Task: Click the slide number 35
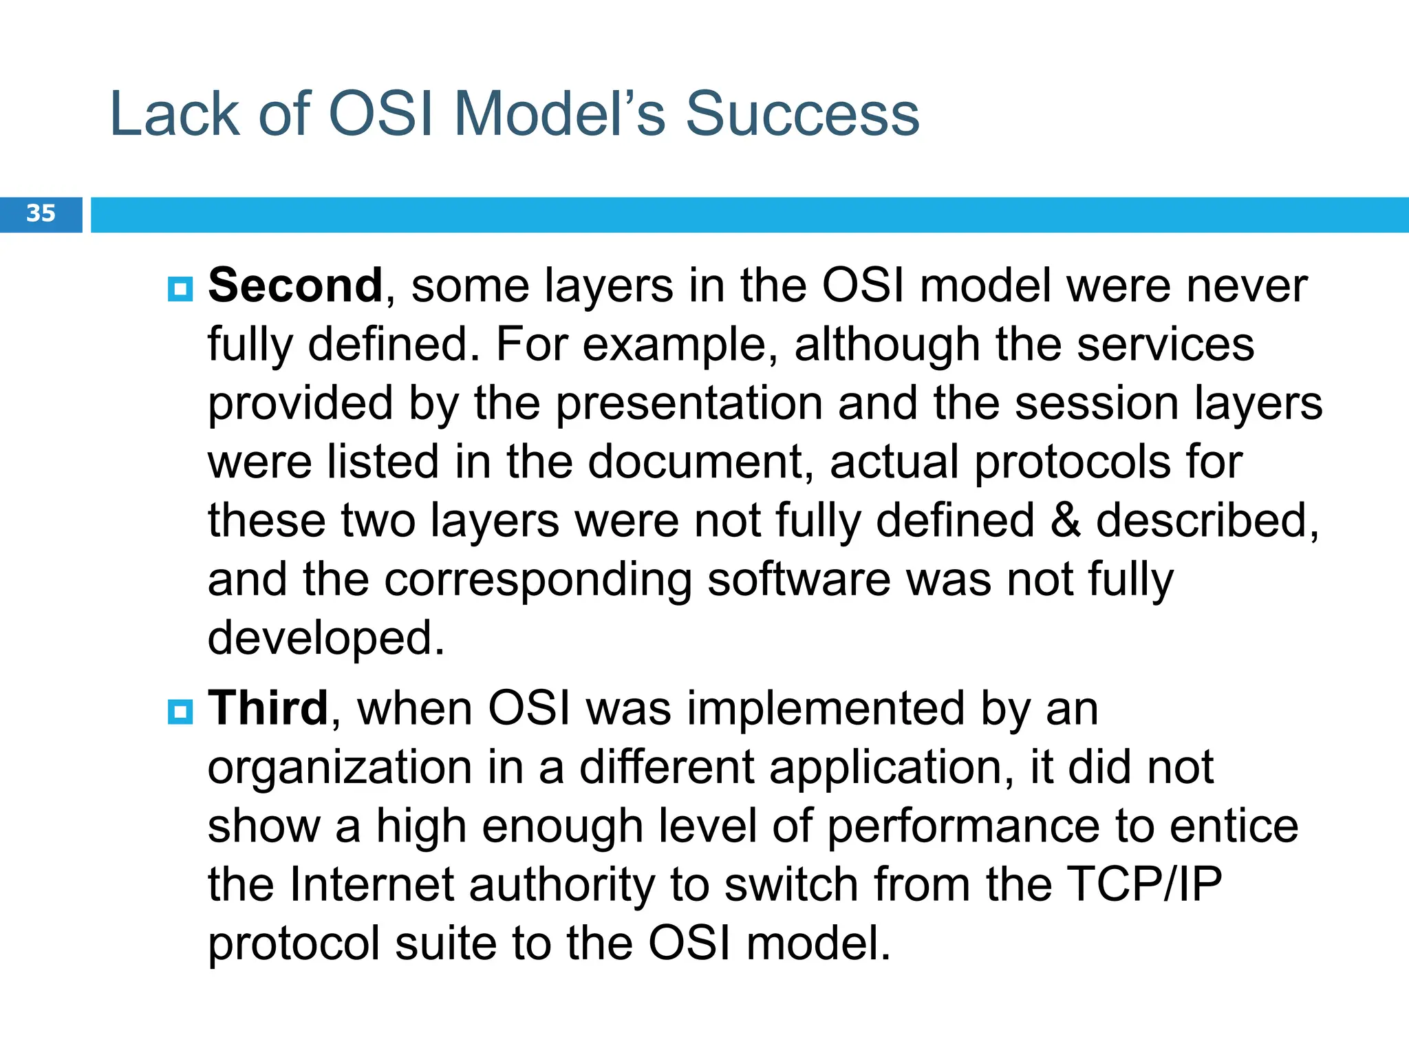(x=41, y=213)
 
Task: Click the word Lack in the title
(x=175, y=114)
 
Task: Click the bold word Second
(x=295, y=286)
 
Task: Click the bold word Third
(x=268, y=708)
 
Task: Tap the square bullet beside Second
(x=180, y=289)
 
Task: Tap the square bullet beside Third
(x=180, y=712)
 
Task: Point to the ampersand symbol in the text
(x=1065, y=521)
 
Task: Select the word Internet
(x=372, y=884)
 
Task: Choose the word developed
(x=326, y=639)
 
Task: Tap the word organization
(x=340, y=768)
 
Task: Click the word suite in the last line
(x=445, y=943)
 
